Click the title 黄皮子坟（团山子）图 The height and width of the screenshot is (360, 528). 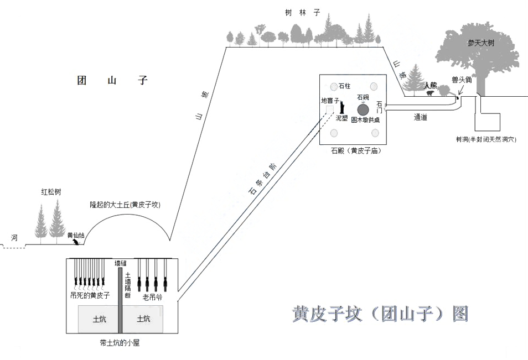pyautogui.click(x=381, y=314)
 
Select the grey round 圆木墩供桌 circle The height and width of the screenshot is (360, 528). pyautogui.click(x=363, y=109)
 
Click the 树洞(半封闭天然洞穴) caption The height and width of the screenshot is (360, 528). pyautogui.click(x=482, y=140)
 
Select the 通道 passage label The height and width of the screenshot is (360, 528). pyautogui.click(x=424, y=117)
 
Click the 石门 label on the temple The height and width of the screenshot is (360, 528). pyautogui.click(x=379, y=107)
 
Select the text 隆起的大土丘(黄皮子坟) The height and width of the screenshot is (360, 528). pyautogui.click(x=125, y=205)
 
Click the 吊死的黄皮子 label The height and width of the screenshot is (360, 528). pyautogui.click(x=90, y=295)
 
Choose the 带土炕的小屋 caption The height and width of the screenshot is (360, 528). pyautogui.click(x=120, y=343)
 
